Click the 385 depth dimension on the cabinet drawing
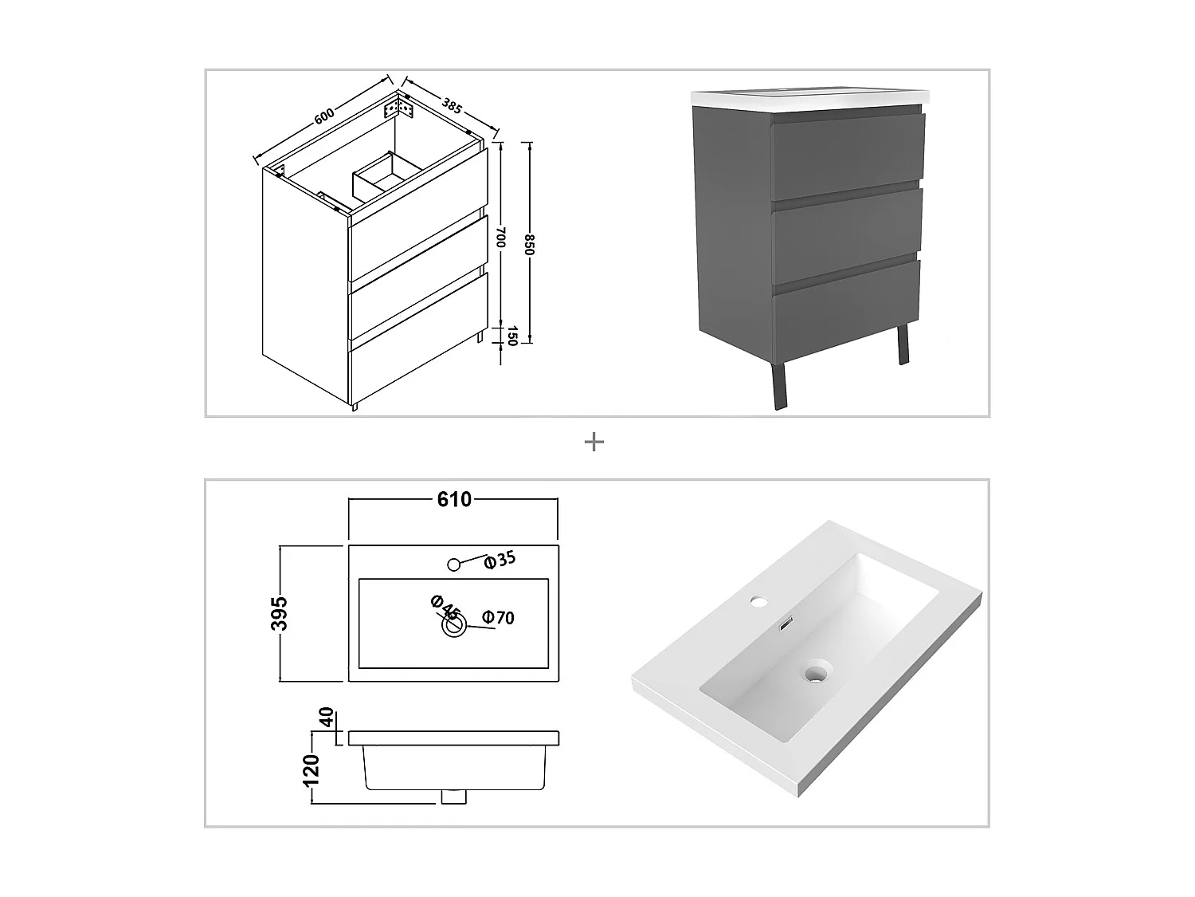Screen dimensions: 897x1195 tap(451, 106)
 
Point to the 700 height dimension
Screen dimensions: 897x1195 tap(501, 236)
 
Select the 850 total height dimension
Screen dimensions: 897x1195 tap(529, 243)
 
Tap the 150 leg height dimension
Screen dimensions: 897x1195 tap(512, 335)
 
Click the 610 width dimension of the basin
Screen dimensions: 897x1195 tap(454, 500)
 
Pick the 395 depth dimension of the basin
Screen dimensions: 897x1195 tap(279, 613)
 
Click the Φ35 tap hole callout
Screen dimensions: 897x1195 tap(500, 560)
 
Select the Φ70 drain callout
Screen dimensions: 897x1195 tap(498, 617)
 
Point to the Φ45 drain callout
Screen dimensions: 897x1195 tap(445, 608)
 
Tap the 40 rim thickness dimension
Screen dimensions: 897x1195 tap(325, 717)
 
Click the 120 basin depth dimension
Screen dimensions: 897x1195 tap(311, 770)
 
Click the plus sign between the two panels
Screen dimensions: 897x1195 tap(594, 442)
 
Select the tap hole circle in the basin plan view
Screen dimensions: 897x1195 tap(453, 565)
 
